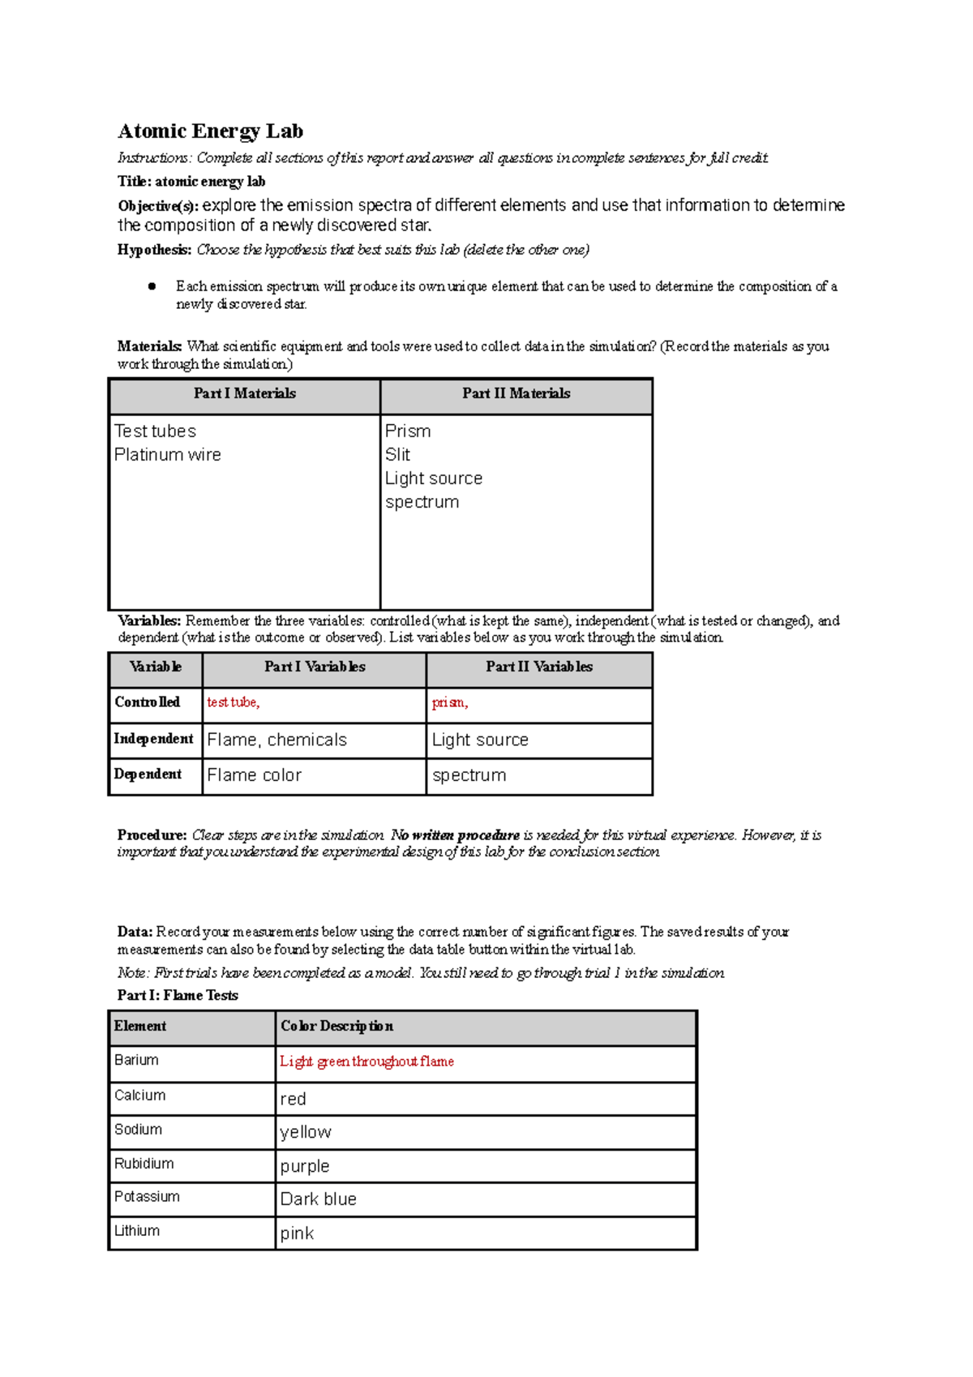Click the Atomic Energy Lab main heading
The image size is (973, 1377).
(x=210, y=131)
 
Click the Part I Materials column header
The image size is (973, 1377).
(x=244, y=393)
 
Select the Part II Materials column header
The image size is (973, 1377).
(x=516, y=393)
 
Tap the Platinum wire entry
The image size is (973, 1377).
(x=167, y=455)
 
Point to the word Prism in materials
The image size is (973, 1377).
(x=408, y=431)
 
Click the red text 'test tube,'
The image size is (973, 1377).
(x=233, y=702)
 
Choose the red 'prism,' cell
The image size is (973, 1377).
(x=449, y=702)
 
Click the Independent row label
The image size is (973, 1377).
(x=153, y=739)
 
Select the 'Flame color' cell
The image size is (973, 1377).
(x=254, y=775)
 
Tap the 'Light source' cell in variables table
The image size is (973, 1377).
(x=480, y=740)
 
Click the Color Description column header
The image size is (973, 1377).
(x=336, y=1026)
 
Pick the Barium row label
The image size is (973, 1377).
(x=136, y=1060)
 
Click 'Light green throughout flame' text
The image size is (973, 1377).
(x=366, y=1062)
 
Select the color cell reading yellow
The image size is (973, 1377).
(x=306, y=1132)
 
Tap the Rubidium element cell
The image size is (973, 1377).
(x=144, y=1164)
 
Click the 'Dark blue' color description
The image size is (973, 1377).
(x=318, y=1199)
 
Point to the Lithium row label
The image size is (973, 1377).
(x=136, y=1231)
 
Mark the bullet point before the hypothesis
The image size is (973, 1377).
(x=152, y=286)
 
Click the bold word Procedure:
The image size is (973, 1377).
(x=152, y=834)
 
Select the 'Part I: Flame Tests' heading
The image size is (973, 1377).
(x=178, y=995)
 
